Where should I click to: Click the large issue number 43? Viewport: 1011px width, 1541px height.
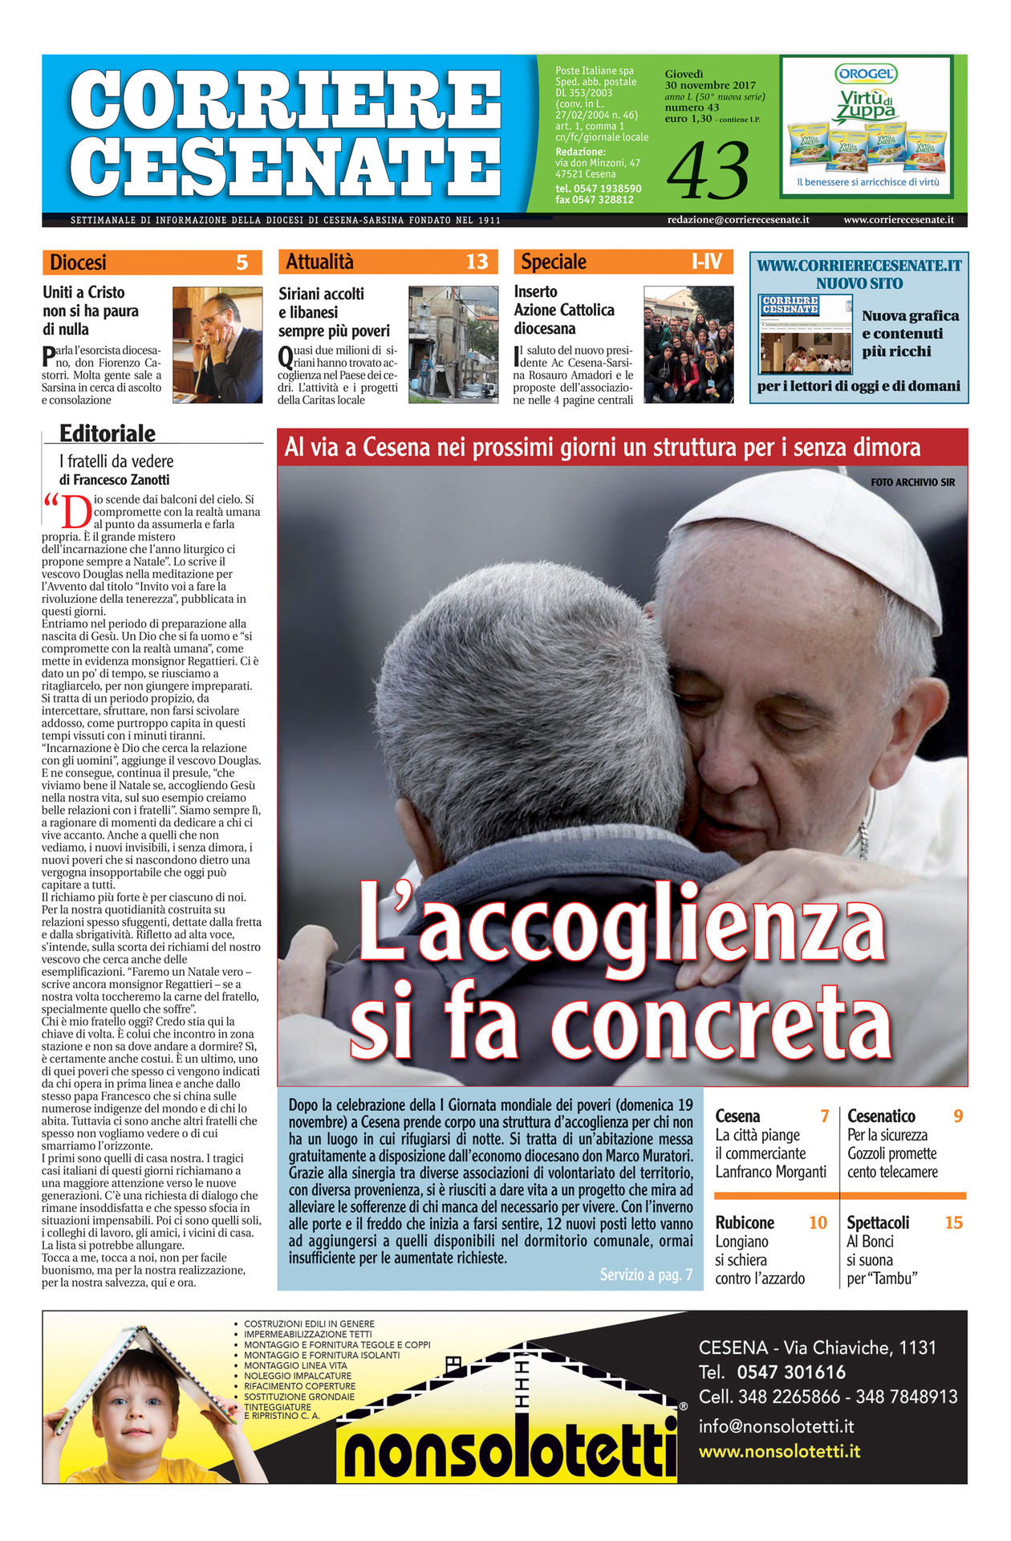tap(708, 171)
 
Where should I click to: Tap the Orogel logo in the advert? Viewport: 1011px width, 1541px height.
tap(866, 74)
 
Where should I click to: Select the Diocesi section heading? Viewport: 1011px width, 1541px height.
tap(78, 262)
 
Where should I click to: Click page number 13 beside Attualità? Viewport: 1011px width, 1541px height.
tap(477, 262)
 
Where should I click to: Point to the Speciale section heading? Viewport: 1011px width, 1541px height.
tap(554, 262)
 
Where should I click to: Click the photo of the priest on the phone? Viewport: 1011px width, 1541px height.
tap(217, 344)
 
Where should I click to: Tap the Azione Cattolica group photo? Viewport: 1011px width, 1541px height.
tap(688, 344)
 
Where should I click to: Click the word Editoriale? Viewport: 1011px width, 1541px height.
tap(108, 433)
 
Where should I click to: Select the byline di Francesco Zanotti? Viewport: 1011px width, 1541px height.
tap(114, 480)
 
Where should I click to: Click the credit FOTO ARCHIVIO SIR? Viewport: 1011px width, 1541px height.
tap(912, 482)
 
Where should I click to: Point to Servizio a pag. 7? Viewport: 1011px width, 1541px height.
tap(646, 1275)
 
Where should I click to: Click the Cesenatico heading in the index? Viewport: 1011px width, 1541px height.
tap(881, 1116)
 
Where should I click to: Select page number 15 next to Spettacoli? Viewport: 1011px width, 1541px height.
tap(953, 1222)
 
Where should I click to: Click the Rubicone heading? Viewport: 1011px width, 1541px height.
tap(745, 1222)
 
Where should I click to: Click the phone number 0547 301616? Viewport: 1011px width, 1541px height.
tap(791, 1372)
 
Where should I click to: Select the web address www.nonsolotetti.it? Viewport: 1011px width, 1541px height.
tap(779, 1451)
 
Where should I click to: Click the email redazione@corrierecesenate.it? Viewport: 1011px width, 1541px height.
tap(737, 220)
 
